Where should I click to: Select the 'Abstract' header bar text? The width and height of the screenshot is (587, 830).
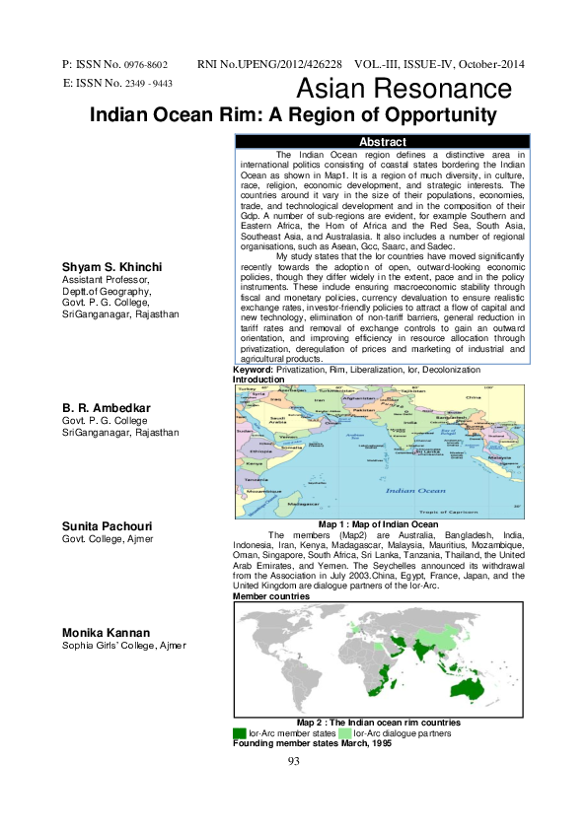(384, 143)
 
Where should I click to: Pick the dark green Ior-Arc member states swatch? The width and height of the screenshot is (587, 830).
(240, 733)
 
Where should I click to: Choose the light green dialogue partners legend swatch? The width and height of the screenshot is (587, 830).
(345, 733)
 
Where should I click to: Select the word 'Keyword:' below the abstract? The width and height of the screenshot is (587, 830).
(254, 370)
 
